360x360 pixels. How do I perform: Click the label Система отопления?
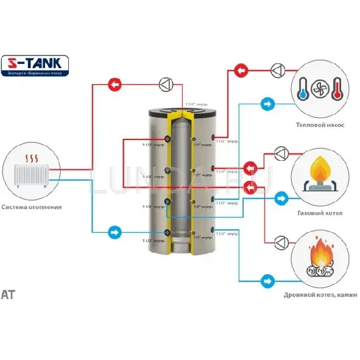click(x=31, y=207)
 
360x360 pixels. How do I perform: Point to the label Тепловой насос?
click(x=320, y=125)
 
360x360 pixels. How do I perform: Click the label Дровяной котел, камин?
click(x=319, y=295)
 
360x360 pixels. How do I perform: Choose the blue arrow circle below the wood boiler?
click(x=267, y=281)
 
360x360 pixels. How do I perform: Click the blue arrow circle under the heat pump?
click(x=267, y=104)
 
